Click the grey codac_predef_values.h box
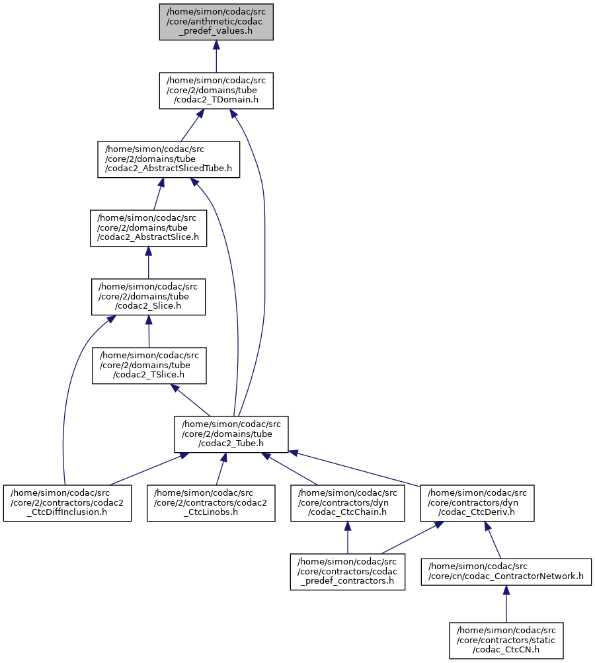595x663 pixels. (216, 22)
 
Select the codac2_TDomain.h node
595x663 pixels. (216, 91)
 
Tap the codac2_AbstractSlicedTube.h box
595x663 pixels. (168, 159)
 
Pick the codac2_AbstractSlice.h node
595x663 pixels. (148, 228)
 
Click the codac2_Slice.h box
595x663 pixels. (149, 297)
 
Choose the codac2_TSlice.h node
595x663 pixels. (149, 366)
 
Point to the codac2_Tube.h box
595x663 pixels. (231, 434)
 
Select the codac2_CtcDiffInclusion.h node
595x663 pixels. (67, 503)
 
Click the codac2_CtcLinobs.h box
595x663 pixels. (210, 503)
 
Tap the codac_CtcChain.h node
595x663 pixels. (348, 503)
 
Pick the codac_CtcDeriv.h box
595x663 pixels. (477, 503)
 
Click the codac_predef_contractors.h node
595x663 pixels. (348, 572)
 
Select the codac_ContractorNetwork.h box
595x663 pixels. (506, 572)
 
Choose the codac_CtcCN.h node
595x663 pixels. (506, 641)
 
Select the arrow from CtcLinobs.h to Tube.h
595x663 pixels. (219, 469)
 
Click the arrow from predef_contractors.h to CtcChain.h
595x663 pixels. (348, 537)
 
